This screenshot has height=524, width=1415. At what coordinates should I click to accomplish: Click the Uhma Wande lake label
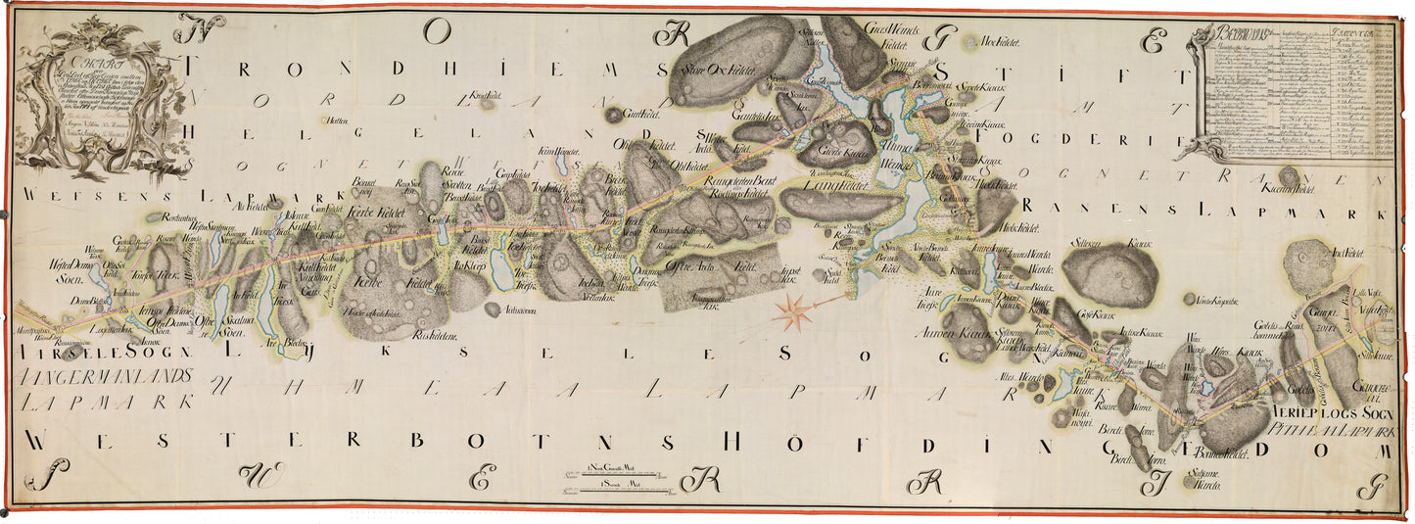pos(898,151)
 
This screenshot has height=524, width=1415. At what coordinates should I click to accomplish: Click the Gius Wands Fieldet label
pos(890,36)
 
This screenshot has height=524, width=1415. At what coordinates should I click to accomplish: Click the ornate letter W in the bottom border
pos(259,475)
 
